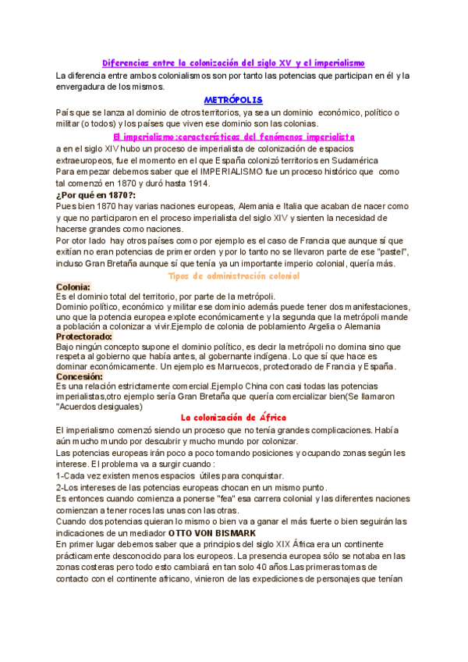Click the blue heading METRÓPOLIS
(x=233, y=100)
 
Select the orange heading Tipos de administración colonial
(x=234, y=276)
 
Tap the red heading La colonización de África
(x=233, y=418)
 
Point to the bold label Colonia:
(x=75, y=287)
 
